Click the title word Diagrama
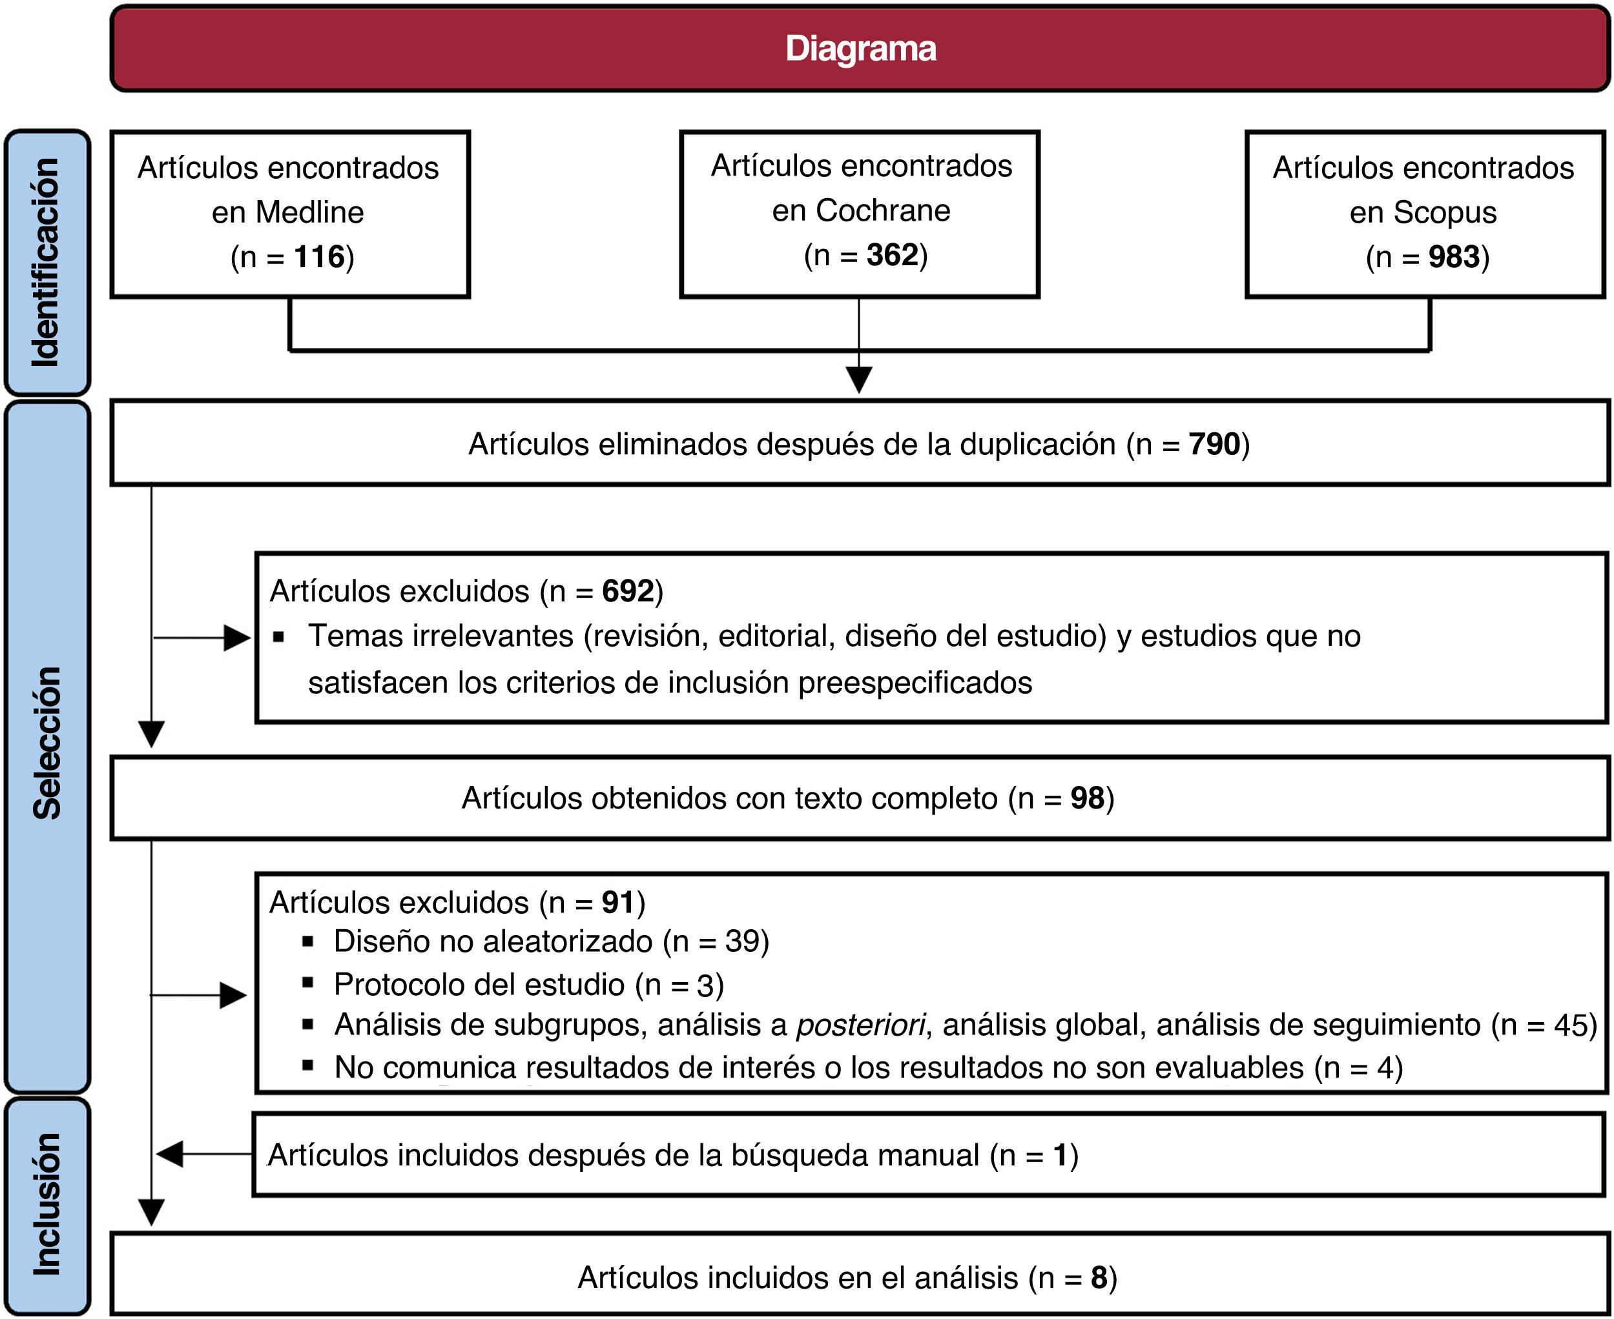point(860,48)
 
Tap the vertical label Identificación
point(47,262)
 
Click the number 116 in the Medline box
point(319,257)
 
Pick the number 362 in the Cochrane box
point(892,256)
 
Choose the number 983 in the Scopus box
point(1454,257)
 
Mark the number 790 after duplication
point(1214,445)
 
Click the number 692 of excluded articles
point(628,591)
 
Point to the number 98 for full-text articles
point(1087,798)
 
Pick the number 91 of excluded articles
point(618,902)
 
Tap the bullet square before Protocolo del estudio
point(308,982)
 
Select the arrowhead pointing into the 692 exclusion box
point(237,638)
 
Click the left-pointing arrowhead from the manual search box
point(169,1153)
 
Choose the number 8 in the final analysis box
point(1099,1277)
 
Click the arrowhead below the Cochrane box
point(859,378)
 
